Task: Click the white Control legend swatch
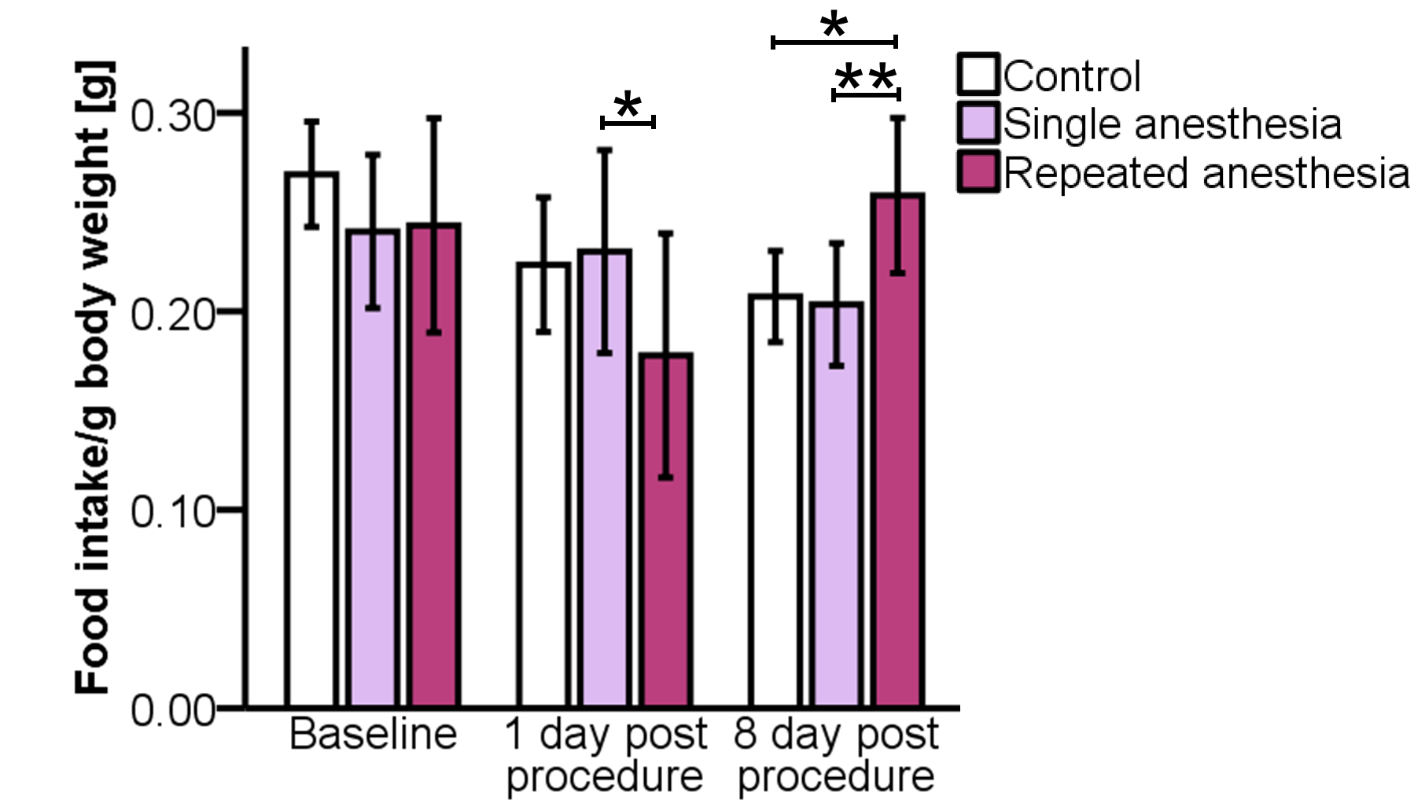tap(978, 75)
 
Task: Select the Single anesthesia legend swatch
tap(978, 123)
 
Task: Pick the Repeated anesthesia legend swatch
tap(978, 171)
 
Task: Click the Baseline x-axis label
tap(373, 735)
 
